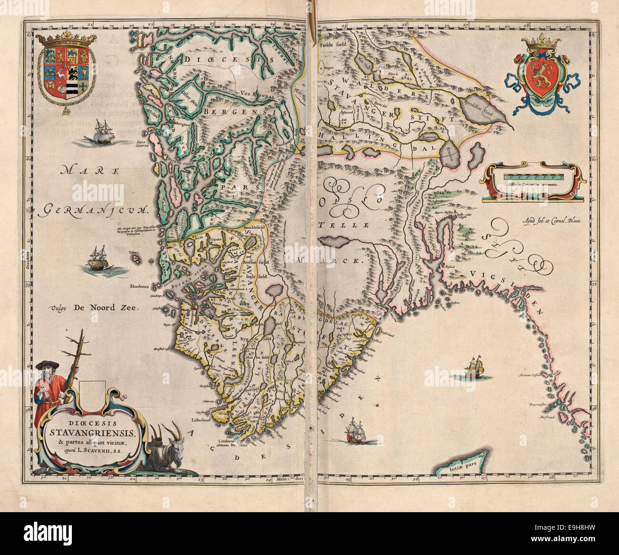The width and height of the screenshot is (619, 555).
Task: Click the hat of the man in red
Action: click(x=48, y=365)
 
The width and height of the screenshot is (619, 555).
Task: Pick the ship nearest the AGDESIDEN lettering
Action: click(x=355, y=430)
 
